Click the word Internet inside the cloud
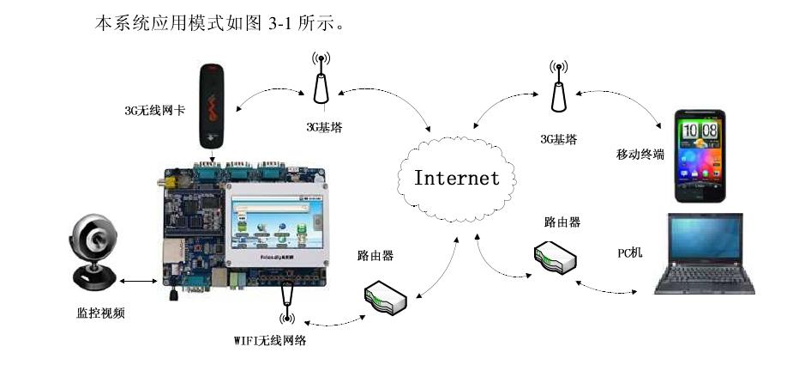tap(456, 179)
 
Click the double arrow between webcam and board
tap(138, 280)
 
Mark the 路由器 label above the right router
tap(562, 222)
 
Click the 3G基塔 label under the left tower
tap(323, 127)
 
